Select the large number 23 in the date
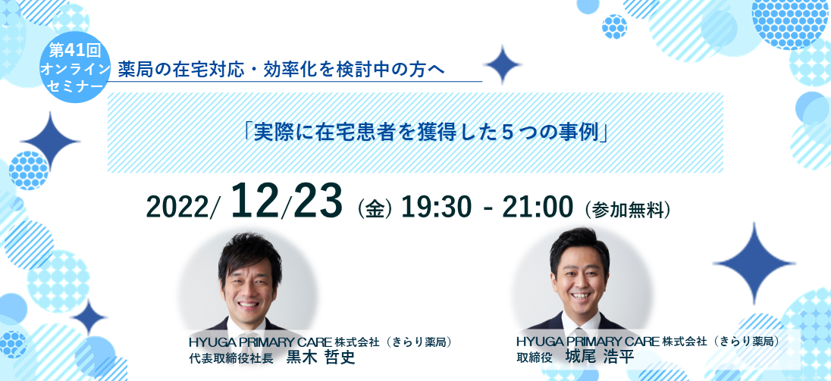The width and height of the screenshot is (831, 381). tap(318, 201)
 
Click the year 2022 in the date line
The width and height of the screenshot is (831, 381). tap(179, 207)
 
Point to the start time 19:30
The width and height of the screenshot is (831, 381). tap(436, 207)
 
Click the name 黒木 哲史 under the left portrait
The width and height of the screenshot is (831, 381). tap(320, 358)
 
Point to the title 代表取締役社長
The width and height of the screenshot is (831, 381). tap(230, 358)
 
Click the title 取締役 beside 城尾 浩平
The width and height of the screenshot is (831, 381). tap(534, 358)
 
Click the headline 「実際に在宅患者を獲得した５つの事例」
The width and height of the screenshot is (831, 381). tap(425, 132)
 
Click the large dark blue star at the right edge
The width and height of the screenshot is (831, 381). tap(754, 263)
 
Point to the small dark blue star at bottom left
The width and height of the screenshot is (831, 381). tap(89, 317)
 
